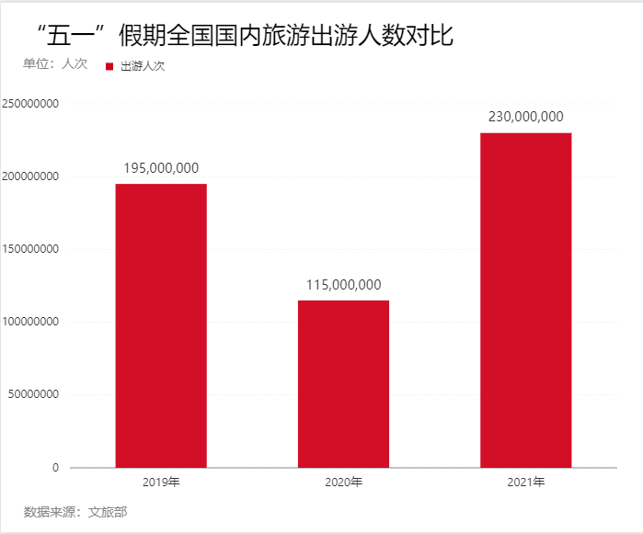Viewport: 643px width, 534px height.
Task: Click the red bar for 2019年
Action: (161, 325)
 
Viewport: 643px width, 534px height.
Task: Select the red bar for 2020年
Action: (343, 383)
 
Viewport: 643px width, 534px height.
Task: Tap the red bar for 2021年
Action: (525, 300)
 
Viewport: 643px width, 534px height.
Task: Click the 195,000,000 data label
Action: (161, 168)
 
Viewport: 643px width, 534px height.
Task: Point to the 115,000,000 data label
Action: (343, 285)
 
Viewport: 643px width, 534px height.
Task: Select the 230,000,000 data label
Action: (525, 117)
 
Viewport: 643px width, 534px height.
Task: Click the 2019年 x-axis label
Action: (161, 482)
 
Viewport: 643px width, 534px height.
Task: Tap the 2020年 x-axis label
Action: (343, 482)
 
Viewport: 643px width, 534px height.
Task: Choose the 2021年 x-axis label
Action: (525, 482)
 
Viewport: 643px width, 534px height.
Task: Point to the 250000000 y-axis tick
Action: (31, 104)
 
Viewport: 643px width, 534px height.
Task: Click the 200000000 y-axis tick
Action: (31, 176)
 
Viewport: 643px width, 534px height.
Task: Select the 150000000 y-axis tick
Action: (31, 249)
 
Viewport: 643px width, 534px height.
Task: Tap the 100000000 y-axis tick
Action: (31, 322)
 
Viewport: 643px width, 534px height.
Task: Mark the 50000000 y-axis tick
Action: (34, 394)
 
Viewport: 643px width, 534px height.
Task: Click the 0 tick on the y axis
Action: (55, 468)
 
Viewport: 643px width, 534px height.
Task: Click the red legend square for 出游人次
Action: (109, 66)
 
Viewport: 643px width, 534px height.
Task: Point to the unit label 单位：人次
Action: (55, 63)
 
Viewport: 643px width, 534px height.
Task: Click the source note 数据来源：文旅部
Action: (75, 511)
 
